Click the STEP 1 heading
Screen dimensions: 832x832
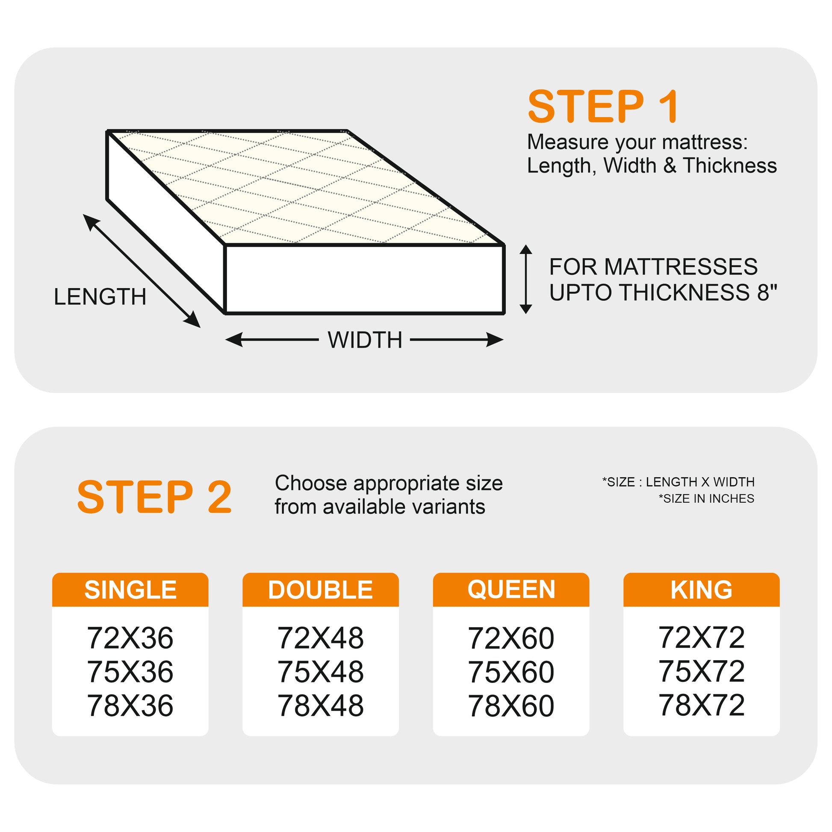[x=603, y=106]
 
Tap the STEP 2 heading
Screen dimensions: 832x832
[x=155, y=497]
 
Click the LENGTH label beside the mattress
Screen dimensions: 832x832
[x=100, y=297]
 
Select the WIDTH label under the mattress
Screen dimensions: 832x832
[x=365, y=340]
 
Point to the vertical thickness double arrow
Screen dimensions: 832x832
[x=526, y=279]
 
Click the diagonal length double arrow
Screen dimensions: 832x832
[x=141, y=271]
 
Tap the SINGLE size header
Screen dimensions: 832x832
[x=130, y=590]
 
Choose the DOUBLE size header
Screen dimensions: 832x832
[x=320, y=590]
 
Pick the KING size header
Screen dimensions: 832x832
[x=701, y=590]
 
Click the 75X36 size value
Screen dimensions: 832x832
[x=130, y=671]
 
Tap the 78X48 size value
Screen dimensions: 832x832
[x=320, y=706]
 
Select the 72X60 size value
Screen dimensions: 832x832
[x=511, y=638]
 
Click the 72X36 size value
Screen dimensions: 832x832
[x=130, y=638]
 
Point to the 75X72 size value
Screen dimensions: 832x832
[x=701, y=671]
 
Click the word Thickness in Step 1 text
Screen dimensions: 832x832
[x=730, y=166]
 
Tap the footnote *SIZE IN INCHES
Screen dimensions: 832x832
[x=706, y=498]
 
